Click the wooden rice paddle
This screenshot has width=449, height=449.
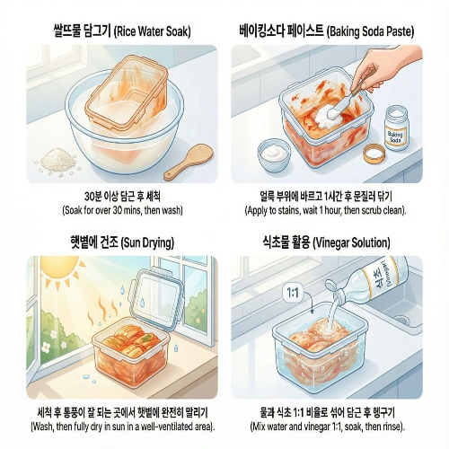pos(189,163)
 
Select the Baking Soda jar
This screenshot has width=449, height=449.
pos(396,128)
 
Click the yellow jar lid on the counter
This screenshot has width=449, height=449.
pos(374,153)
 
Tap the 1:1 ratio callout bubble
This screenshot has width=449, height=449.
pos(293,292)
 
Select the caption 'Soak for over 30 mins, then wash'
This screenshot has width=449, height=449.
pos(122,210)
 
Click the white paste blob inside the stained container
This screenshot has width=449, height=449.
pos(329,118)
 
